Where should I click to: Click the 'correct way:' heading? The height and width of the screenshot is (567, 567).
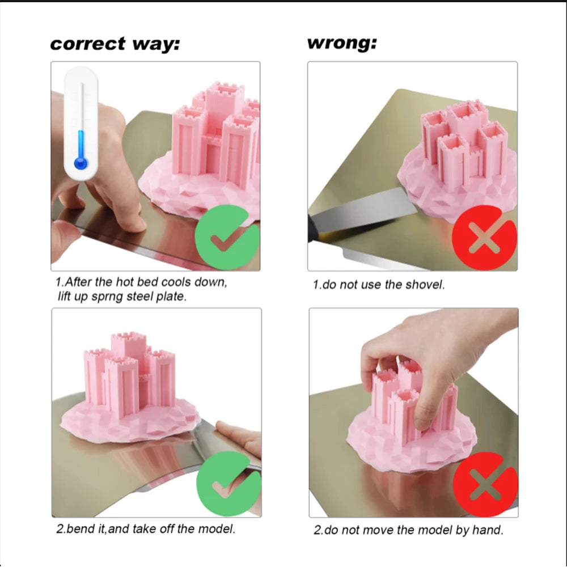coord(115,44)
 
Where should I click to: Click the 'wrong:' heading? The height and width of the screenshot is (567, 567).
coord(342,43)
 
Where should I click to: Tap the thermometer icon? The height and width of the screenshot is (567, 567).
coord(81,123)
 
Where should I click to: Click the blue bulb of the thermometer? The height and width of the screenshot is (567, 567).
coord(81,163)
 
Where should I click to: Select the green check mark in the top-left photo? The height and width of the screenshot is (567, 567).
coord(227,237)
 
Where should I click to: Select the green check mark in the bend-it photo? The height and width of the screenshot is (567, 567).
coord(229,484)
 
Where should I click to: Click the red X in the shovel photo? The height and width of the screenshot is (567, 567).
coord(485,237)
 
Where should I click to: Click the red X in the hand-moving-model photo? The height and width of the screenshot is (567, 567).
coord(486,485)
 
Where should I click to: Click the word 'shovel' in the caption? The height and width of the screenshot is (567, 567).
coord(425,285)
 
